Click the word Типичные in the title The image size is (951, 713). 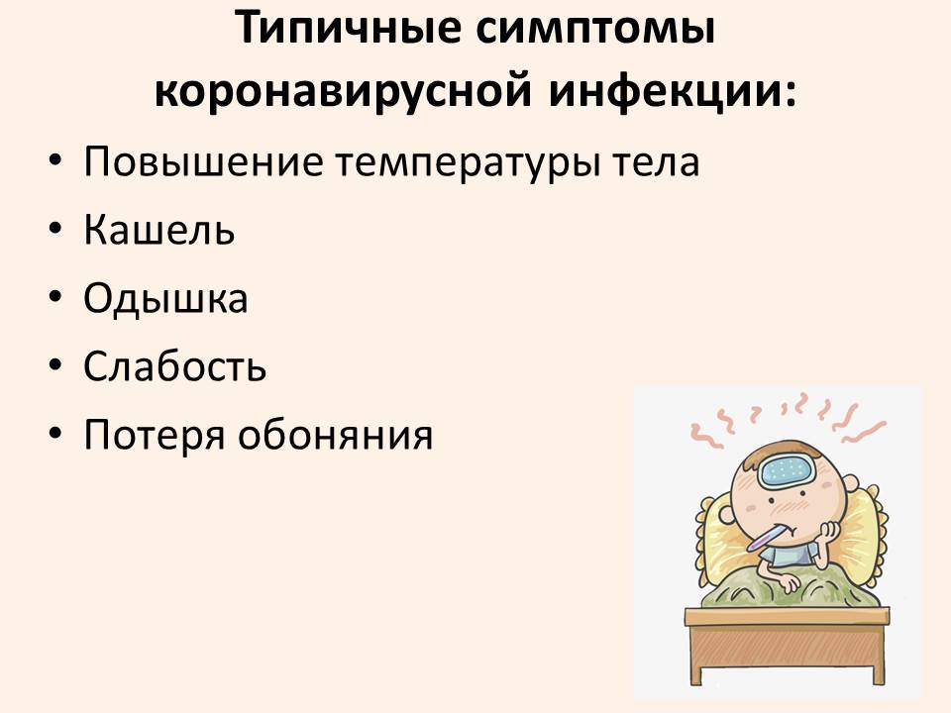pos(349,28)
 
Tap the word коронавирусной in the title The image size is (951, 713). pos(344,91)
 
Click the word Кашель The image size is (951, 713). pos(158,230)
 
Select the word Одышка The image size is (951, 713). pos(165,299)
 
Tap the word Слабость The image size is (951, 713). pos(174,366)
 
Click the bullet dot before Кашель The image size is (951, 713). pos(55,230)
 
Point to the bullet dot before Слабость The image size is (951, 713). pos(55,366)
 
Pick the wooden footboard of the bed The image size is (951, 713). pos(788,644)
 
